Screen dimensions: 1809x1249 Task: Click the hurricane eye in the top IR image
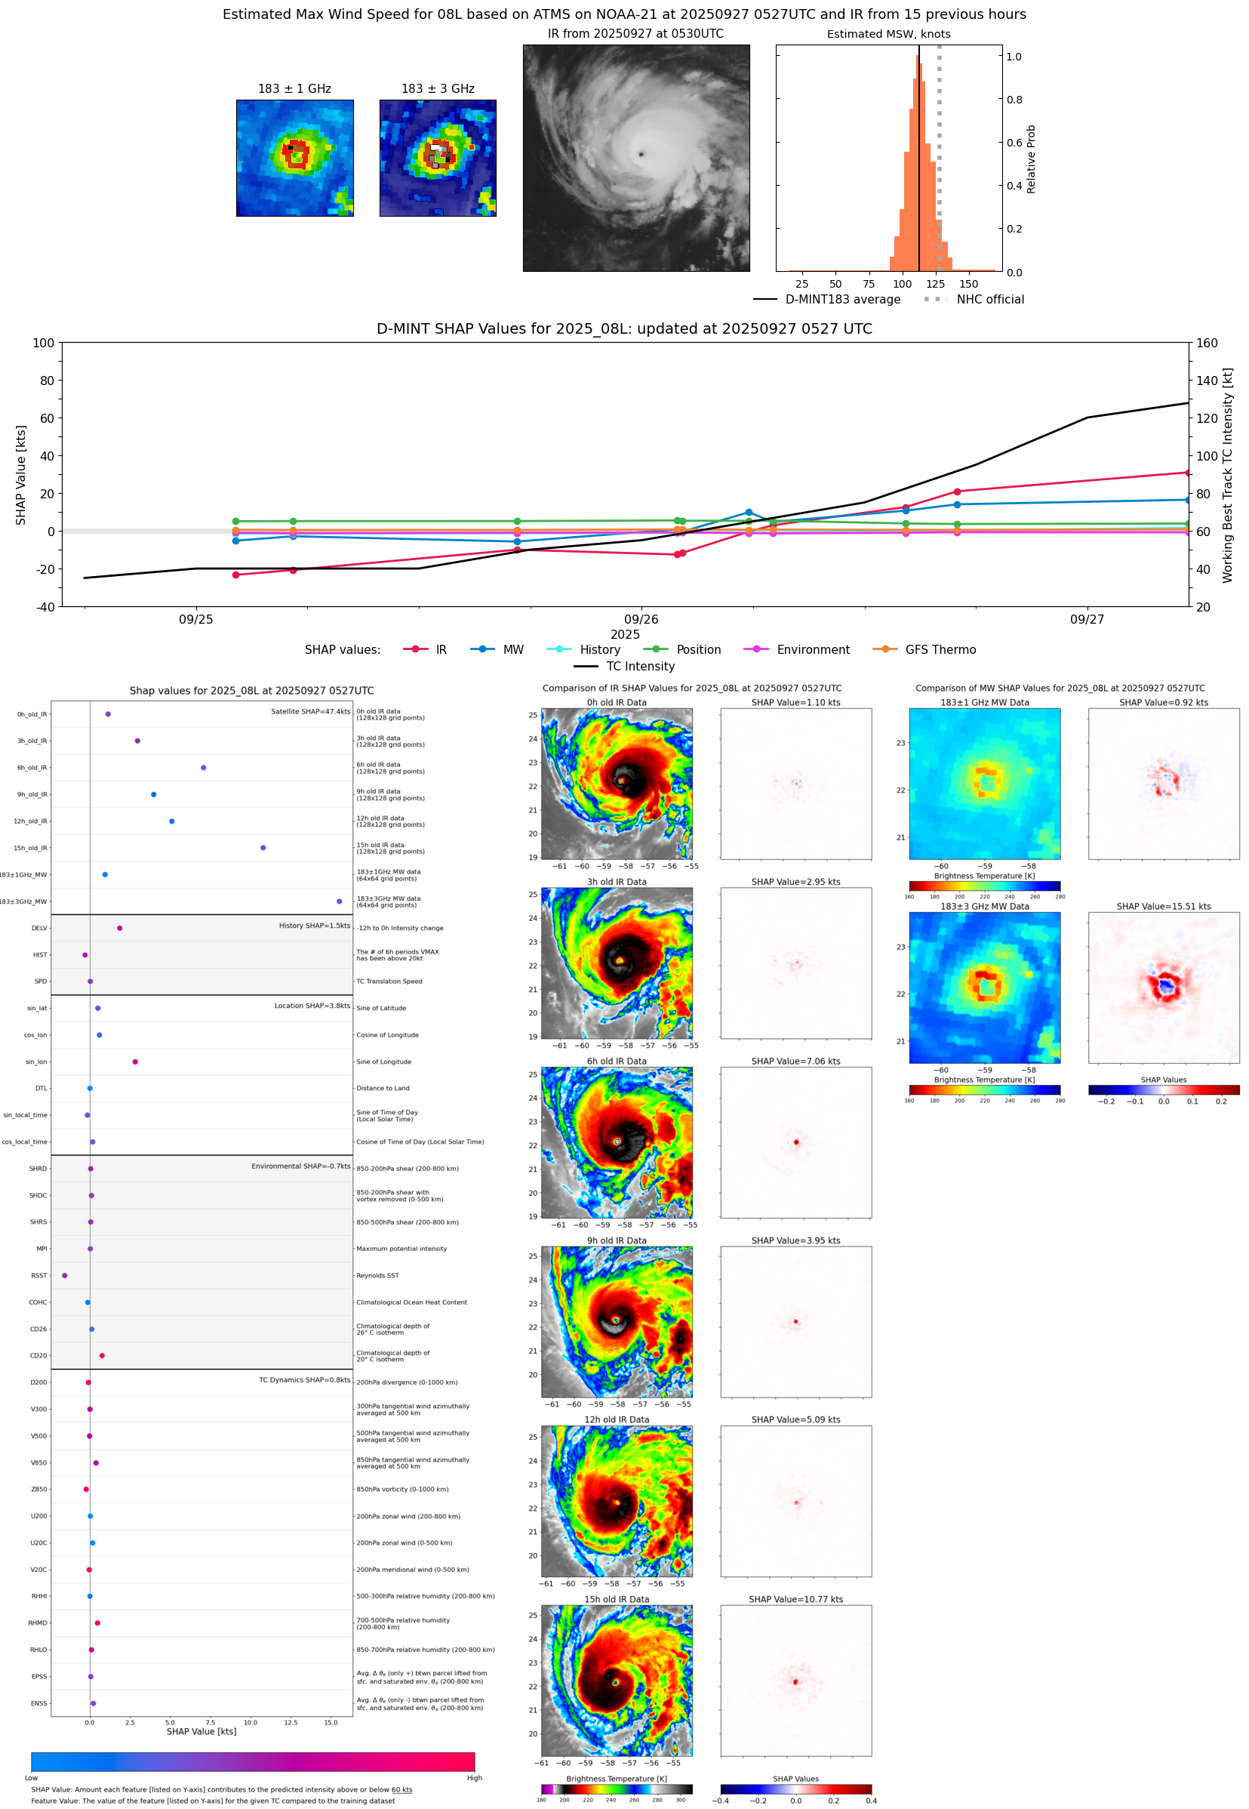pos(641,154)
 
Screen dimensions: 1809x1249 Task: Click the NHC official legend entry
pos(989,299)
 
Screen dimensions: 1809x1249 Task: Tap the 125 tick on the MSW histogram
pos(935,284)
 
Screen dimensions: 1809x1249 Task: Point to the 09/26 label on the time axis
pos(640,619)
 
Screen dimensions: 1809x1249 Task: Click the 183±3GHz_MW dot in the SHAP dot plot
pos(339,901)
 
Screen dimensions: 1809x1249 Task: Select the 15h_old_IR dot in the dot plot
pos(263,848)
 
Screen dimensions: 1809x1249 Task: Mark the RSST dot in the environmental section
pos(65,1275)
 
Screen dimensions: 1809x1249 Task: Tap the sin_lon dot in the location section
pos(135,1062)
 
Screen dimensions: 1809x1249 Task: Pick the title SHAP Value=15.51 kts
pos(1163,907)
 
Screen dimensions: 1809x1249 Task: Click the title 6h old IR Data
pos(617,1062)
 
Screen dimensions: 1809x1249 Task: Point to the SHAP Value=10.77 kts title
pos(795,1599)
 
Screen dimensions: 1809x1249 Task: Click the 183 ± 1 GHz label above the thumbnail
pos(294,89)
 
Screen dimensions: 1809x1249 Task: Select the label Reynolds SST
pos(377,1275)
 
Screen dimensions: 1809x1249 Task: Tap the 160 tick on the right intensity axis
pos(1207,343)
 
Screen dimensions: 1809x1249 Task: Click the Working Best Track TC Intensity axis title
pos(1227,474)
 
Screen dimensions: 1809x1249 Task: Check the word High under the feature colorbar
pos(474,1778)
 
